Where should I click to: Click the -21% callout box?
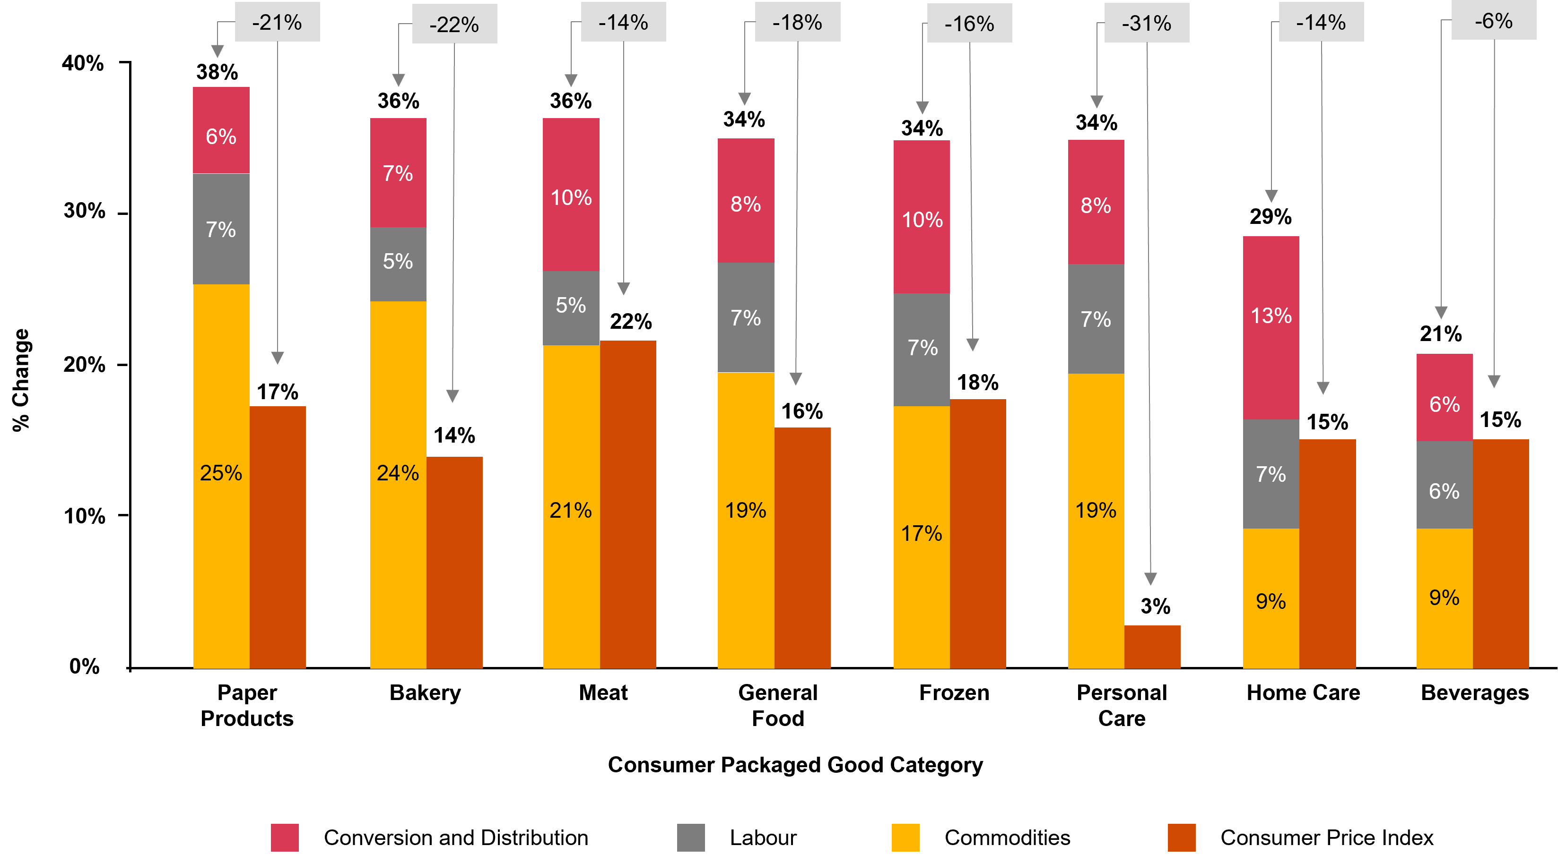click(x=277, y=22)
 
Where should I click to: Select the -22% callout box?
click(x=454, y=24)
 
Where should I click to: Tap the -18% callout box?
click(x=797, y=22)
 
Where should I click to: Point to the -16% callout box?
click(x=969, y=24)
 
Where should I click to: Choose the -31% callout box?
click(x=1146, y=24)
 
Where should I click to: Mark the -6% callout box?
click(x=1493, y=21)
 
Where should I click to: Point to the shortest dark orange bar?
click(x=1152, y=647)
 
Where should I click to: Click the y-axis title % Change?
click(x=20, y=380)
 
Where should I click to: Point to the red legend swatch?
click(x=284, y=837)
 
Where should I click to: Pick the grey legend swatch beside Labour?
click(x=691, y=837)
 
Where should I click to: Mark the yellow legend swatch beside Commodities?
click(x=905, y=837)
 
